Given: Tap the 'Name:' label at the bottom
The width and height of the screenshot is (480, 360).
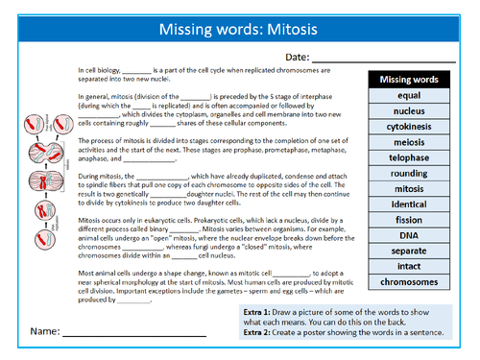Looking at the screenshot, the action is (42, 332).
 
